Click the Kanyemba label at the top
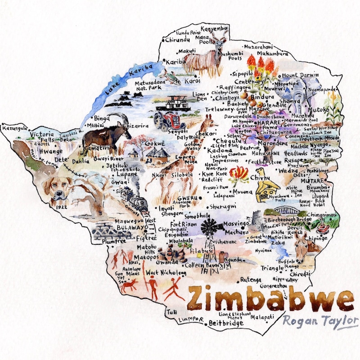(215, 29)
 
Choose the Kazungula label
(15, 128)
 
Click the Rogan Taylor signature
(318, 321)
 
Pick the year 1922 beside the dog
(63, 207)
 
